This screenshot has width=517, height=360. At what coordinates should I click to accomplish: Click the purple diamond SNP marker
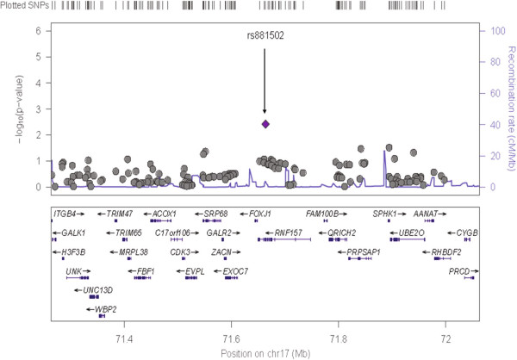click(x=265, y=124)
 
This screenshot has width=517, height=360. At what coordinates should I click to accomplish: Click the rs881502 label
click(x=265, y=37)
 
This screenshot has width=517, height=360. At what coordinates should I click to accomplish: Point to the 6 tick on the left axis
click(x=40, y=31)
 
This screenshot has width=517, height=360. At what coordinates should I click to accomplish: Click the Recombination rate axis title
click(x=509, y=108)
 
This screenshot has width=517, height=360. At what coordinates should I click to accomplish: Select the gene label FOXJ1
click(x=261, y=213)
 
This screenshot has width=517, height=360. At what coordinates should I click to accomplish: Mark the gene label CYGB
click(x=467, y=233)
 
